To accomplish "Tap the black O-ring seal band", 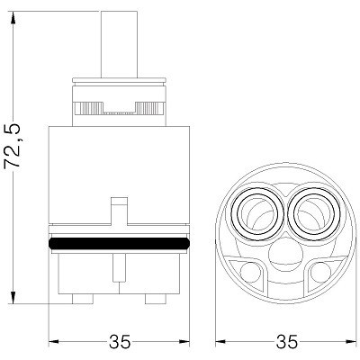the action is pos(119,243).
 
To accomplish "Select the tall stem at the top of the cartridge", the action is pos(119,44).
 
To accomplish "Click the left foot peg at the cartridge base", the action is pos(83,299).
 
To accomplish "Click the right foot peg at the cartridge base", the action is pos(156,299).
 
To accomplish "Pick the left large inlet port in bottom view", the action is pos(258,213).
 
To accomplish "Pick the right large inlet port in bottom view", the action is pos(315,213).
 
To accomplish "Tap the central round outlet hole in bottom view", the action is pos(286,256).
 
